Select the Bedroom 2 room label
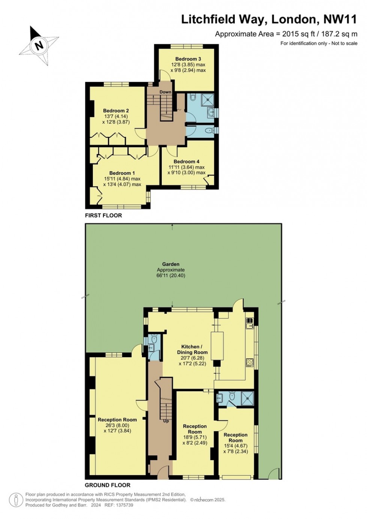[116, 110]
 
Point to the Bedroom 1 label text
[122, 173]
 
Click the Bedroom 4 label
[186, 161]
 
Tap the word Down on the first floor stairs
[165, 92]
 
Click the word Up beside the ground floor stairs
[166, 421]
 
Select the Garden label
[171, 264]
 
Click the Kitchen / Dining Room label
[192, 349]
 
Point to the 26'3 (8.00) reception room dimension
[117, 425]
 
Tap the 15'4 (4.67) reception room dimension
[236, 446]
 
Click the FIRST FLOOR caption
[103, 215]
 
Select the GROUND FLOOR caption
[107, 485]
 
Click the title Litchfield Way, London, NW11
[269, 19]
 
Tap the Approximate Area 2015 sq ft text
[286, 34]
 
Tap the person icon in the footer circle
[16, 500]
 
